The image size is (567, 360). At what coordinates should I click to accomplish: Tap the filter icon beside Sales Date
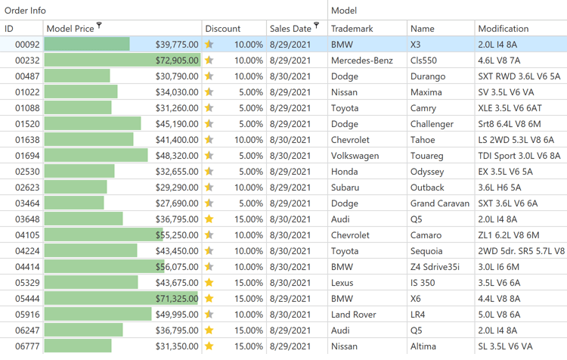(x=317, y=26)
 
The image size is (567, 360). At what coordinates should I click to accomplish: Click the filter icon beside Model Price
(x=100, y=26)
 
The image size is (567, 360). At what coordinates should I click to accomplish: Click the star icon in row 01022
(x=209, y=92)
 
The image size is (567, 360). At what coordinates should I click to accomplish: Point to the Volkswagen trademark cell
(x=355, y=156)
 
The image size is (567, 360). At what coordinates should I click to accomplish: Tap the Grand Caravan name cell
(x=440, y=203)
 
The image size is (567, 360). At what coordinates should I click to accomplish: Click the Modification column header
(x=503, y=29)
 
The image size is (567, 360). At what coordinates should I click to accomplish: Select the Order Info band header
(x=26, y=11)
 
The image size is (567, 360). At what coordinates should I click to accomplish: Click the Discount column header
(x=223, y=29)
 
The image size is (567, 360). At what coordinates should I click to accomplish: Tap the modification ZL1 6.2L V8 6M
(x=509, y=235)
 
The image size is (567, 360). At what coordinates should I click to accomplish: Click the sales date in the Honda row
(x=290, y=172)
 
